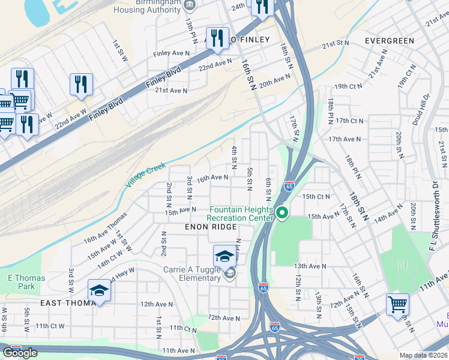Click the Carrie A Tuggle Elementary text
click(x=191, y=274)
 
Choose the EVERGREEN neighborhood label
click(x=390, y=41)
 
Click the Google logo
click(x=20, y=353)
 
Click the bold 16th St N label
click(x=249, y=73)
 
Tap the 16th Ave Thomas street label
click(x=106, y=227)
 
